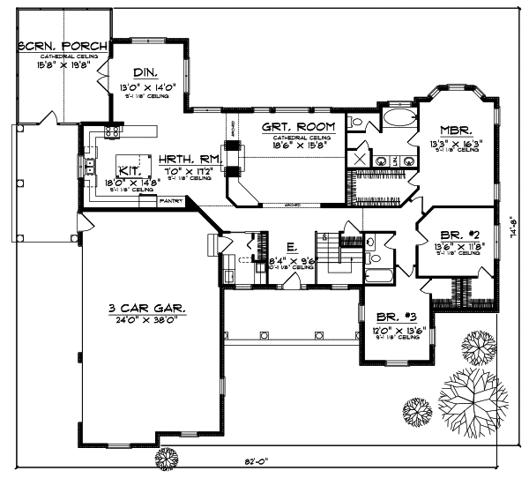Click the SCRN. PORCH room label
[62, 46]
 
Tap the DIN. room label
[145, 74]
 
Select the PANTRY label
[170, 201]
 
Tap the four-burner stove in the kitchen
[113, 131]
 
